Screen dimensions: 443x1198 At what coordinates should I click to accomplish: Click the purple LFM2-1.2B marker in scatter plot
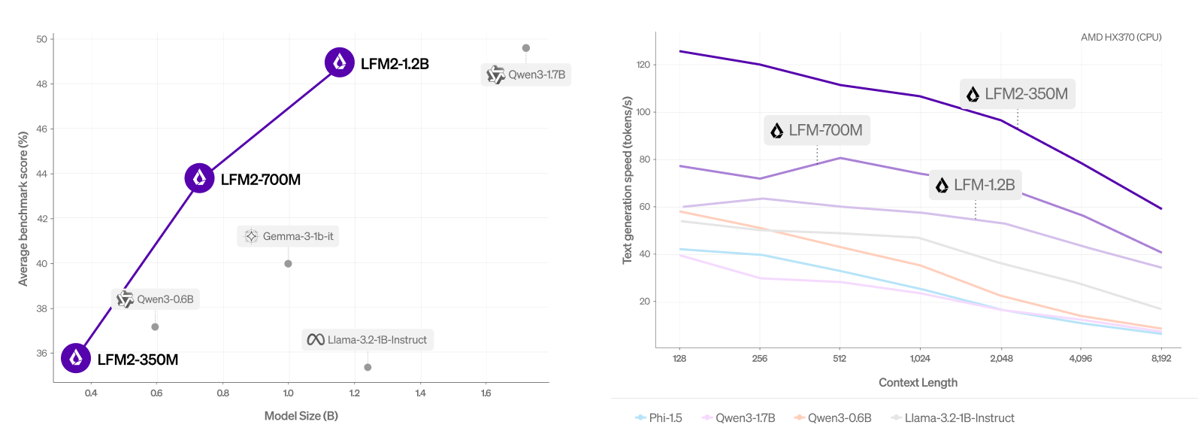pos(340,62)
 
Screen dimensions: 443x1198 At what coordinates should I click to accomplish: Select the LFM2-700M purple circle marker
pos(199,178)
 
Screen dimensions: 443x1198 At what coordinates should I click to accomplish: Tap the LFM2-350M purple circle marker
pos(76,358)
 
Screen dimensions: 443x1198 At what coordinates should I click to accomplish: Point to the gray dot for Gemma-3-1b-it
pos(288,263)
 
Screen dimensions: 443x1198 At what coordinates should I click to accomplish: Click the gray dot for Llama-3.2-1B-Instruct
pos(368,367)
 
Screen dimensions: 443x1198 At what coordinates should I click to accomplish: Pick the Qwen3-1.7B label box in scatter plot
pos(526,74)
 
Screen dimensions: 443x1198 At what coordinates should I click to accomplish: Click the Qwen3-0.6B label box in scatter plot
pos(156,299)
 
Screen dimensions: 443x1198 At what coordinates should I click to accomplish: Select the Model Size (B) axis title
pos(301,416)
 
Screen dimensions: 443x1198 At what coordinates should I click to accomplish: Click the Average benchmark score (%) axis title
pos(23,208)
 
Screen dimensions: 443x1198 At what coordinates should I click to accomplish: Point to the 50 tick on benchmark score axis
pos(42,39)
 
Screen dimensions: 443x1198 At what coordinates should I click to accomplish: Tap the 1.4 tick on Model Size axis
pos(420,393)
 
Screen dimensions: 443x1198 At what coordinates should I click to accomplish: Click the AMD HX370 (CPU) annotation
pos(1121,37)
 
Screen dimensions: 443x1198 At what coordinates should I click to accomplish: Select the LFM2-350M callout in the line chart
pos(1018,94)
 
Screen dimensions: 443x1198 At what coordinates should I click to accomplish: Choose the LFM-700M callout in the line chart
pos(816,130)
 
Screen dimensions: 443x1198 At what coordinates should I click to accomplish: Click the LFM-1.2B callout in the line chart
pos(975,185)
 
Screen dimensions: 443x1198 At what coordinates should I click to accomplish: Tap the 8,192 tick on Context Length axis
pos(1160,358)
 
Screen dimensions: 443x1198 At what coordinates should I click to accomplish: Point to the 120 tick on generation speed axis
pos(643,65)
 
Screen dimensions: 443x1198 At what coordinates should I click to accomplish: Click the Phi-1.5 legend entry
pos(659,417)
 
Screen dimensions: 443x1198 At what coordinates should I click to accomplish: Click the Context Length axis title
pos(918,382)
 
